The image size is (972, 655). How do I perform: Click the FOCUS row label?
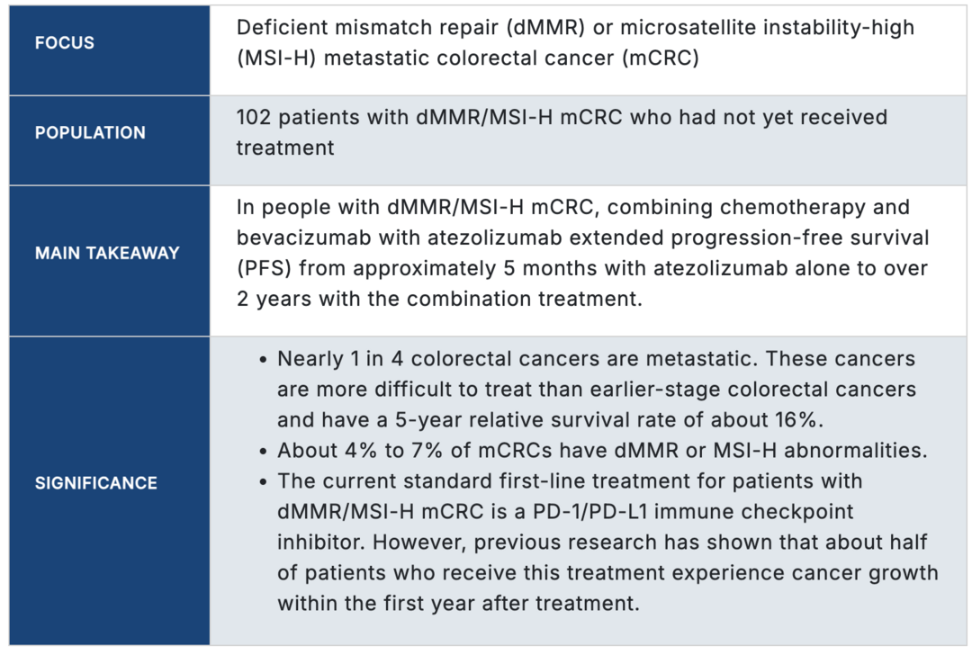click(x=65, y=43)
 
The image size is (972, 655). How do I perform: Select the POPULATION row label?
click(x=90, y=132)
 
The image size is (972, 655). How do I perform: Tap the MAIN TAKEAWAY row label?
click(x=107, y=253)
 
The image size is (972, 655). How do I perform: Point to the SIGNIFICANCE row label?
click(x=96, y=483)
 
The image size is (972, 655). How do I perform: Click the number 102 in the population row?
click(x=254, y=117)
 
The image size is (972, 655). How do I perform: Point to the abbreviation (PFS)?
click(x=264, y=268)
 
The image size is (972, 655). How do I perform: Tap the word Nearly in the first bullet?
click(x=310, y=359)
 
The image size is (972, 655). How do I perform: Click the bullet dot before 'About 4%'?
click(x=264, y=452)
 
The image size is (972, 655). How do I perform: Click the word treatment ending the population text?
click(x=285, y=148)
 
